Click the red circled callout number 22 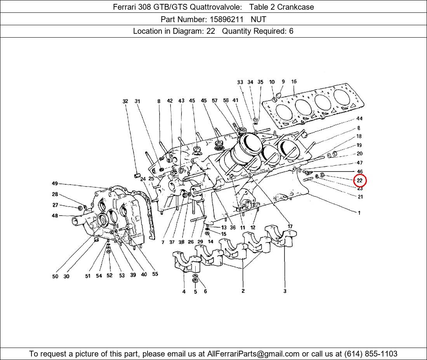point(360,180)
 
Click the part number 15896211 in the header point(226,19)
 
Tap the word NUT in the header point(259,19)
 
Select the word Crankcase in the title point(295,7)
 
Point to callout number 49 point(55,183)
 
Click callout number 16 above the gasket point(294,81)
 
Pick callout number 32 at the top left point(125,101)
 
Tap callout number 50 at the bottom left point(55,276)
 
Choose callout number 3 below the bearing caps point(285,291)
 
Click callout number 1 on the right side point(359,213)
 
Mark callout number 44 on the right point(359,118)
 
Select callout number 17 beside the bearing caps point(290,226)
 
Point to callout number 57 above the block point(215,101)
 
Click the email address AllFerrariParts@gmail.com point(253,354)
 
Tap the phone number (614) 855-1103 point(371,354)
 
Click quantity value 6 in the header point(291,31)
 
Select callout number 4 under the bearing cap point(184,291)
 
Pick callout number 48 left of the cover point(55,216)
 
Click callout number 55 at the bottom point(155,274)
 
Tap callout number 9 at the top point(283,81)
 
